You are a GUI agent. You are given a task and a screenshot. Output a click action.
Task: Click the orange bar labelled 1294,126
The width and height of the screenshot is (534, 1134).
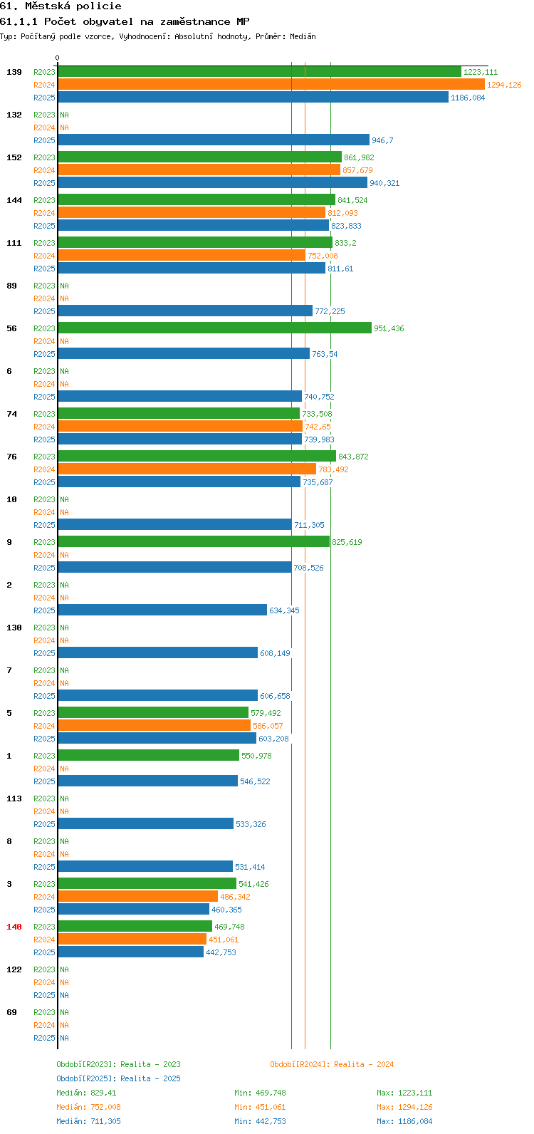tap(271, 85)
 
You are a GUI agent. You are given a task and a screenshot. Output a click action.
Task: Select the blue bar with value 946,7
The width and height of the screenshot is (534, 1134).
tap(214, 140)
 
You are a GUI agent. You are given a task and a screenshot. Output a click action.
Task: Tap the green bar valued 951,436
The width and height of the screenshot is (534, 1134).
tap(214, 328)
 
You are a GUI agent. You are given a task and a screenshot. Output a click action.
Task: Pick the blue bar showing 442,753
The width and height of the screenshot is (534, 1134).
tap(130, 952)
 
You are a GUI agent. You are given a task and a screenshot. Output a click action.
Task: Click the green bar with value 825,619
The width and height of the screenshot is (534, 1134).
tap(194, 541)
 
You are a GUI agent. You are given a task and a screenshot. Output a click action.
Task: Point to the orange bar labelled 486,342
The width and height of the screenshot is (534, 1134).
tap(137, 897)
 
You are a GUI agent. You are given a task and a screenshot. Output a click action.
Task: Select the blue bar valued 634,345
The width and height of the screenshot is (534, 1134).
tap(162, 610)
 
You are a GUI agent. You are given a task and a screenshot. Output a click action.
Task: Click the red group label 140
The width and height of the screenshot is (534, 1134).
tap(14, 927)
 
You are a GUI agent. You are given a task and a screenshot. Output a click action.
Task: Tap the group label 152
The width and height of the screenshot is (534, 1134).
tap(14, 157)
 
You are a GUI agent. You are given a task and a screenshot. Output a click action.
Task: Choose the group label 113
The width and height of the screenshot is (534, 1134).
tap(14, 799)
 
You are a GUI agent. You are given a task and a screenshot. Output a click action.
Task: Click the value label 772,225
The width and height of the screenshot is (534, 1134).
tap(330, 311)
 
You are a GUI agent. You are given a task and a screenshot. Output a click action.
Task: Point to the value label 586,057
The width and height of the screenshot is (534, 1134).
tap(268, 725)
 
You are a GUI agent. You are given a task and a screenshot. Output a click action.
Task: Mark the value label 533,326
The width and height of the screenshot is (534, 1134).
tap(251, 823)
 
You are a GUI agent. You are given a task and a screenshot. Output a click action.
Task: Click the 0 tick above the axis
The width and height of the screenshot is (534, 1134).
tap(57, 58)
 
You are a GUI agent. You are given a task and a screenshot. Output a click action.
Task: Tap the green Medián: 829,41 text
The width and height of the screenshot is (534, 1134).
tap(86, 1093)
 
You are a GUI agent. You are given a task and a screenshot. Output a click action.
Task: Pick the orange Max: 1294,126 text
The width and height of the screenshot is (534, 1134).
tap(404, 1107)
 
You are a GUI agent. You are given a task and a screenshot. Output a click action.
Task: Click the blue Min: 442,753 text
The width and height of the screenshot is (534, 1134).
tap(260, 1121)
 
